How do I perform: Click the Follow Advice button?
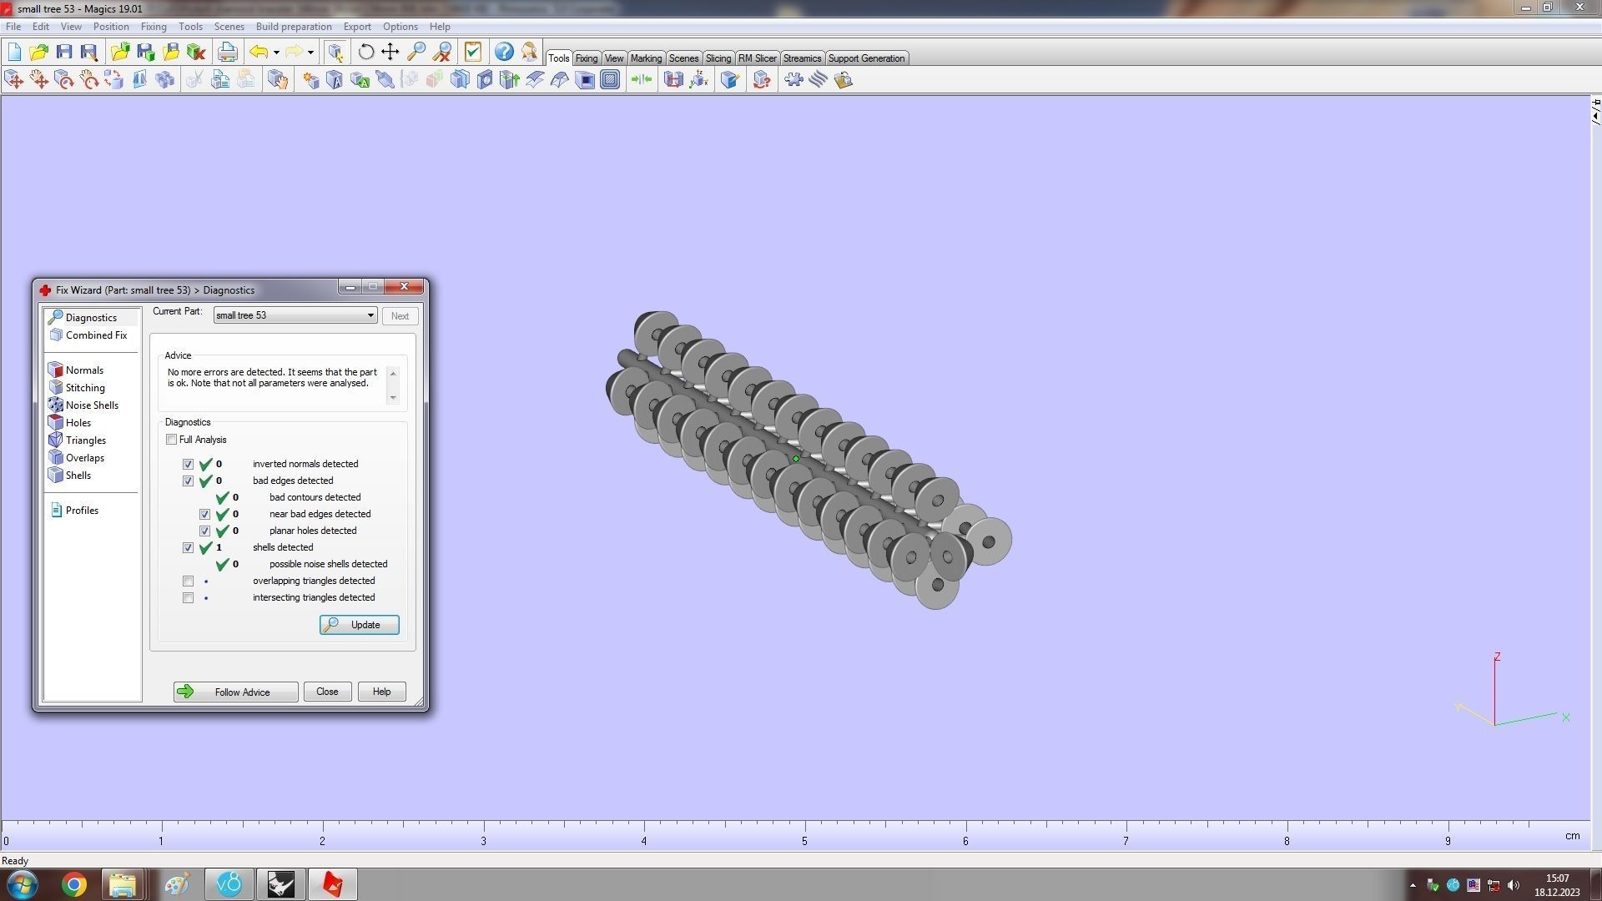pyautogui.click(x=235, y=692)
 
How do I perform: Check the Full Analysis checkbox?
pyautogui.click(x=172, y=440)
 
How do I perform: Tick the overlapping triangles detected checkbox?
pyautogui.click(x=188, y=581)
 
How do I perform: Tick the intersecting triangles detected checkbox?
pyautogui.click(x=188, y=597)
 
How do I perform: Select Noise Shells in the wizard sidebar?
pyautogui.click(x=91, y=405)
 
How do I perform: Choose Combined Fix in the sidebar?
pyautogui.click(x=95, y=335)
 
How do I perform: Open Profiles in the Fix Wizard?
pyautogui.click(x=81, y=511)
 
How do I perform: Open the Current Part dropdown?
pyautogui.click(x=370, y=315)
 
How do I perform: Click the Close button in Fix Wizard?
pyautogui.click(x=327, y=692)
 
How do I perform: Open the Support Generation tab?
pyautogui.click(x=866, y=58)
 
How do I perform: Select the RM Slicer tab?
pyautogui.click(x=757, y=58)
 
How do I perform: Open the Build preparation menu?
pyautogui.click(x=294, y=27)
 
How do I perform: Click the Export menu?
pyautogui.click(x=357, y=27)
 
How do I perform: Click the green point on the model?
pyautogui.click(x=796, y=459)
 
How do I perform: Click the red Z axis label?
pyautogui.click(x=1498, y=657)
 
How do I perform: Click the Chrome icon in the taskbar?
pyautogui.click(x=73, y=884)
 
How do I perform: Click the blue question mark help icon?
pyautogui.click(x=504, y=52)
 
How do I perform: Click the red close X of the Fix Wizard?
pyautogui.click(x=405, y=286)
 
